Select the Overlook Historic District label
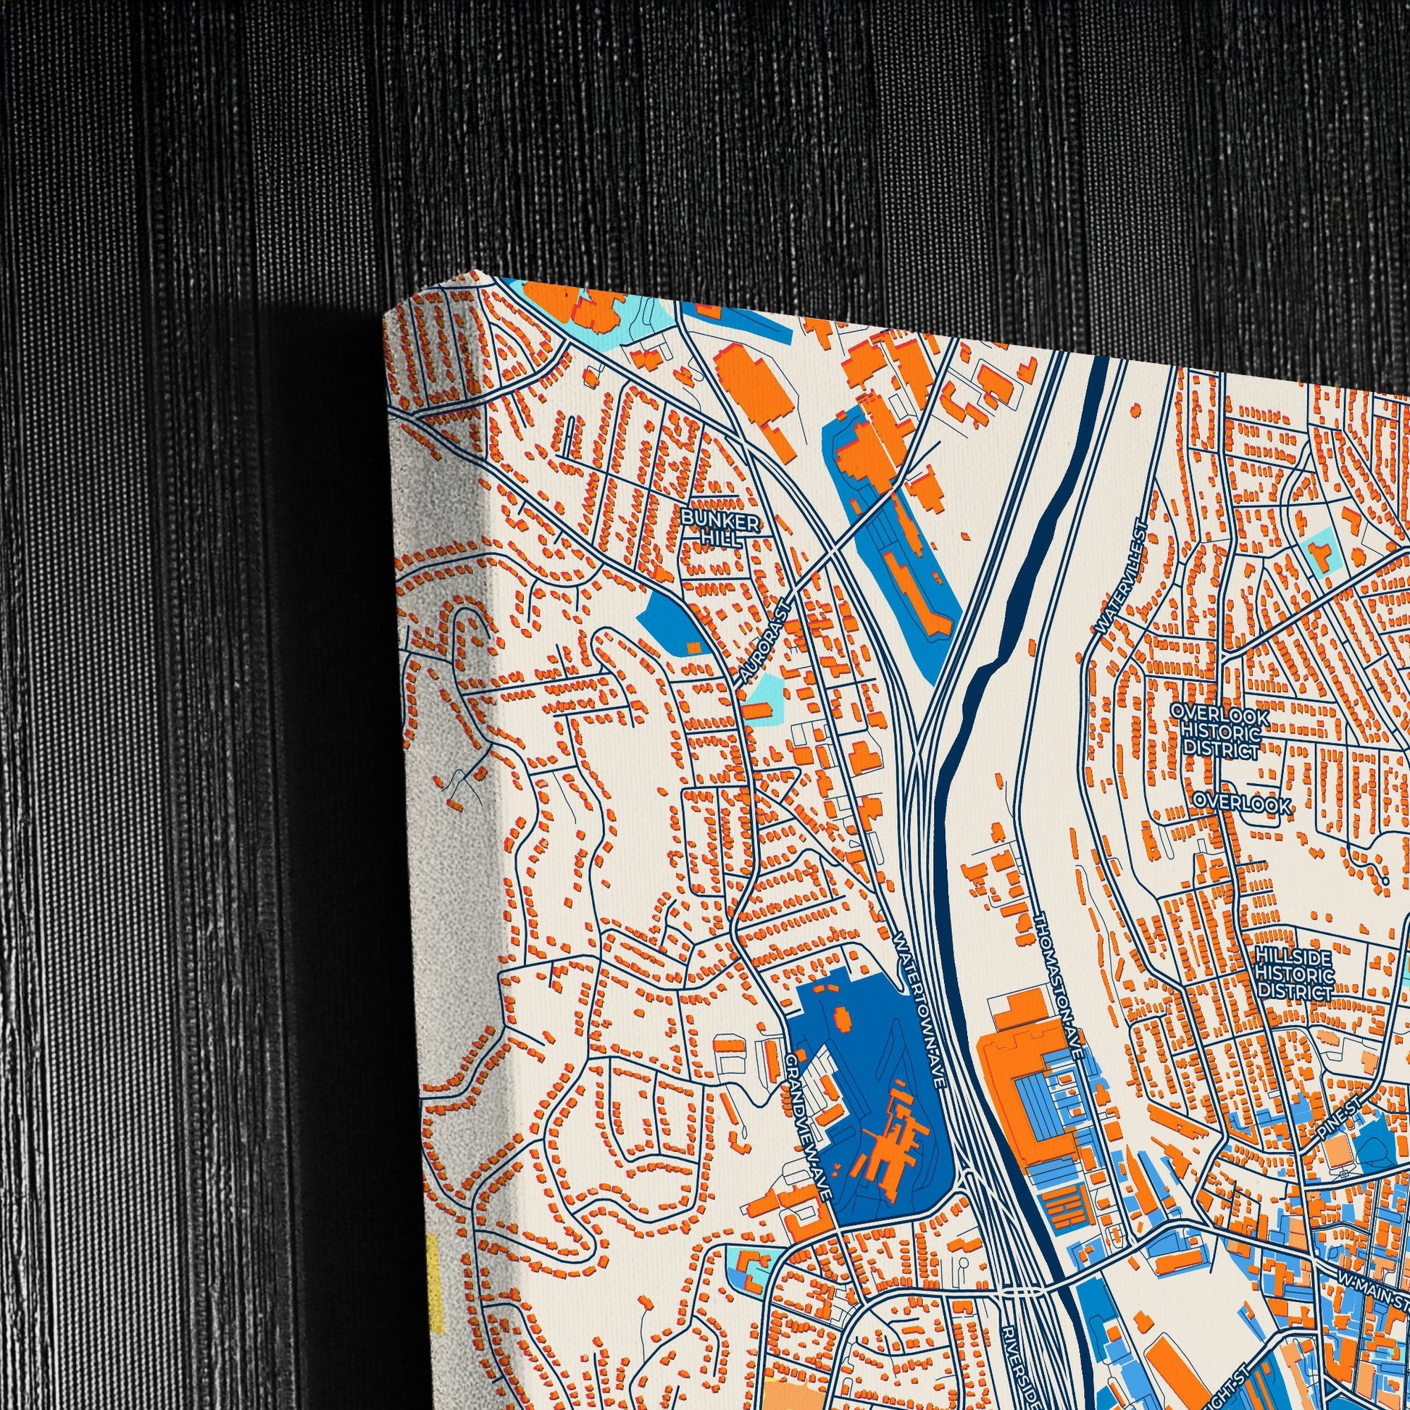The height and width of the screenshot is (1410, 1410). (x=1220, y=730)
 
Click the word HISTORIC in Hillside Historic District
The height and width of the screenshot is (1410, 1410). (x=1295, y=975)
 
